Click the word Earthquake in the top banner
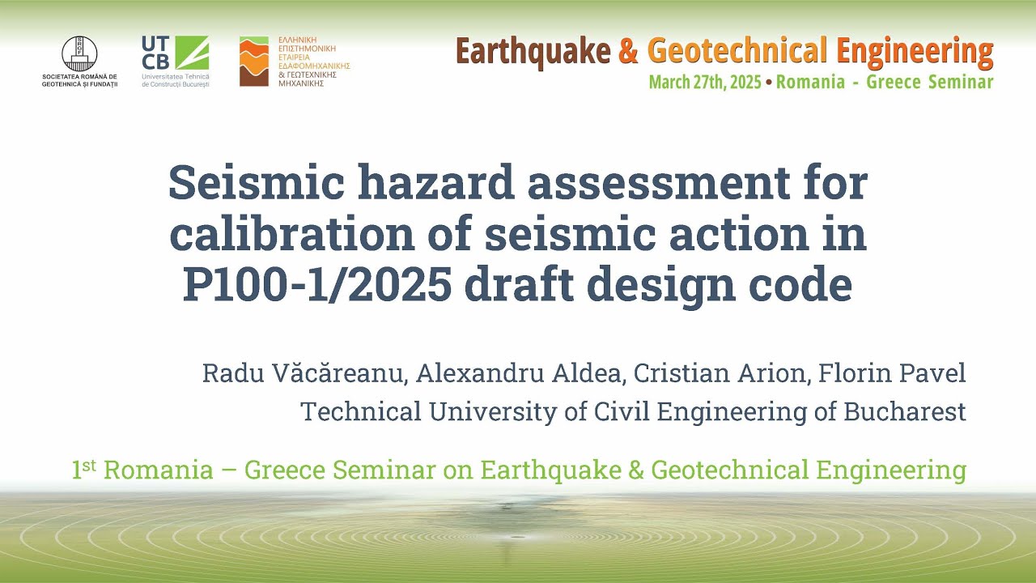click(x=533, y=51)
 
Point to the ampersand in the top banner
click(x=628, y=52)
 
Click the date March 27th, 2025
click(x=704, y=82)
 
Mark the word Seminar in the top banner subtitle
click(x=961, y=82)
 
